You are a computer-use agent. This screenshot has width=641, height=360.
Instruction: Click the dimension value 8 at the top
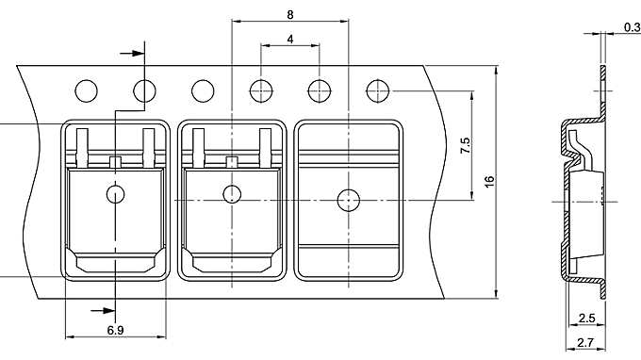coord(290,14)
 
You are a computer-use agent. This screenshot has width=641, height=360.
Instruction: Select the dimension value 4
coord(290,39)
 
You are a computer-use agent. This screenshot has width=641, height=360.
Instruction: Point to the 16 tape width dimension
coord(489,179)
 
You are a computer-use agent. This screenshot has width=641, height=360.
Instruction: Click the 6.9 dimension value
coord(115,331)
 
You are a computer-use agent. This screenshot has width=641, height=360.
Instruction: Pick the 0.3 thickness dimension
coord(631,28)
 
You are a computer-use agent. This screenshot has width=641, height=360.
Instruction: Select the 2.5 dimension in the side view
coord(585,319)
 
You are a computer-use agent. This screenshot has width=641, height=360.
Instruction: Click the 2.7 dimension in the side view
coord(585,344)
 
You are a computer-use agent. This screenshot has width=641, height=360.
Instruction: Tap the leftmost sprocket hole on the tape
coord(86,90)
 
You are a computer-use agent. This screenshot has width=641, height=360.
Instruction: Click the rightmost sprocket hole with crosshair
coord(379,90)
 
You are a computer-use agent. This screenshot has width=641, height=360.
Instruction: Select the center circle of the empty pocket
coord(349,199)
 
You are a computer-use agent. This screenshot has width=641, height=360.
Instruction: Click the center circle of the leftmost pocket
coord(115,195)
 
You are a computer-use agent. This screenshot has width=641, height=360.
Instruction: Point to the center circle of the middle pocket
coord(232,195)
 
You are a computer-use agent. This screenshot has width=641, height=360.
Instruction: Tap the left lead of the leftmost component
coord(83,143)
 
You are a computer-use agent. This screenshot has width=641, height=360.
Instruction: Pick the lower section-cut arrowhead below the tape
coord(97,308)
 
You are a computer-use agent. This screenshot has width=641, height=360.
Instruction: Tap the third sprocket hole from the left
coord(203,90)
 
